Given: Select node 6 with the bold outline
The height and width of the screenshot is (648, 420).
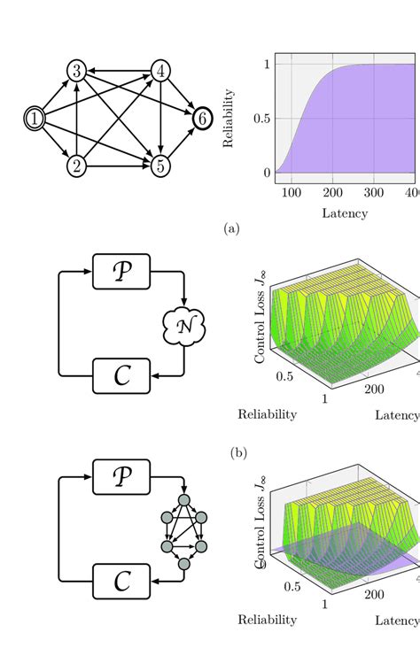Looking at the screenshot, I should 201,118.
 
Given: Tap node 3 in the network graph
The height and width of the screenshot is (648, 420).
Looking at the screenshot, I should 77,71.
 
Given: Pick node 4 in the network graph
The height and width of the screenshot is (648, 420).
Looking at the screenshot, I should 160,71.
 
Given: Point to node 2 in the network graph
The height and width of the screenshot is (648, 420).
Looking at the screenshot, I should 77,165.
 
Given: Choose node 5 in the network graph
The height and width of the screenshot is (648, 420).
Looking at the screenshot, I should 160,165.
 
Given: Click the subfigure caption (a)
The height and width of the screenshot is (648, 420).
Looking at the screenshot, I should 232,228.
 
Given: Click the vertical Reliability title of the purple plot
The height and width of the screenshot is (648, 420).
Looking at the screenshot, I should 229,118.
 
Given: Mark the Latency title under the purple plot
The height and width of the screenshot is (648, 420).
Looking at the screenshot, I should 344,213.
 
